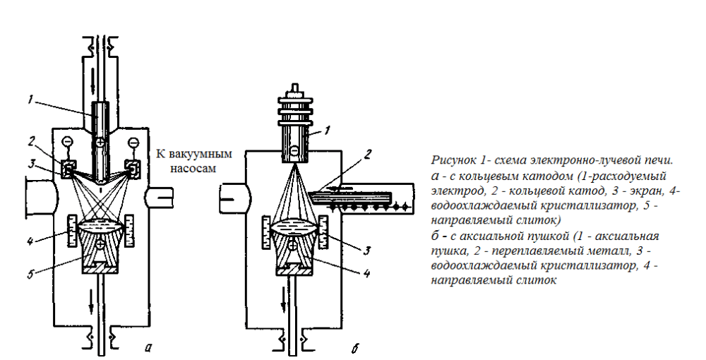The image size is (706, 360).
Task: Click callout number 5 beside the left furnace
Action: [x=29, y=275]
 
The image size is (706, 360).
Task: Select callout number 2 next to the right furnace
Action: [x=367, y=155]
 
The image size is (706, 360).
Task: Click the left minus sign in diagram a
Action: [x=66, y=142]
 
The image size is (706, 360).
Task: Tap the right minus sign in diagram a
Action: [x=133, y=143]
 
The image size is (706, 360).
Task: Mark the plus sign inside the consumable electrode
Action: [x=100, y=143]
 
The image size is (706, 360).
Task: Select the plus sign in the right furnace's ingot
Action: [x=293, y=246]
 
